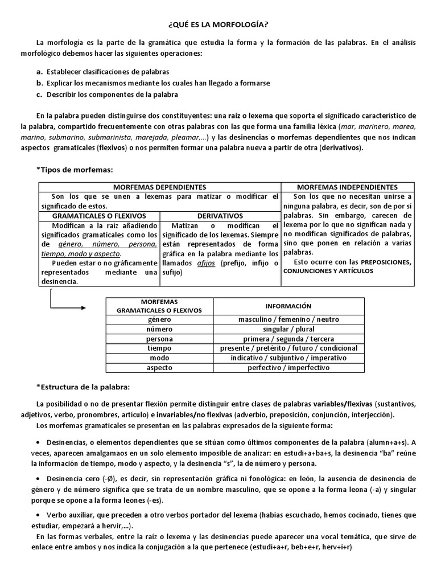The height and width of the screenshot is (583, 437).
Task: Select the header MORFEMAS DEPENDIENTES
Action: [x=159, y=187]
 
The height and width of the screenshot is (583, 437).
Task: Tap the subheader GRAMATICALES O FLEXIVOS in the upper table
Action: [x=100, y=216]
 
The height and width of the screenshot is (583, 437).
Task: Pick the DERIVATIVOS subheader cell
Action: [x=220, y=216]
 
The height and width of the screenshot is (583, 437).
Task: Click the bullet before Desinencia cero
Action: [x=38, y=478]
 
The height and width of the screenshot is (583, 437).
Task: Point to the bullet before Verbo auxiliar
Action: [x=38, y=515]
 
